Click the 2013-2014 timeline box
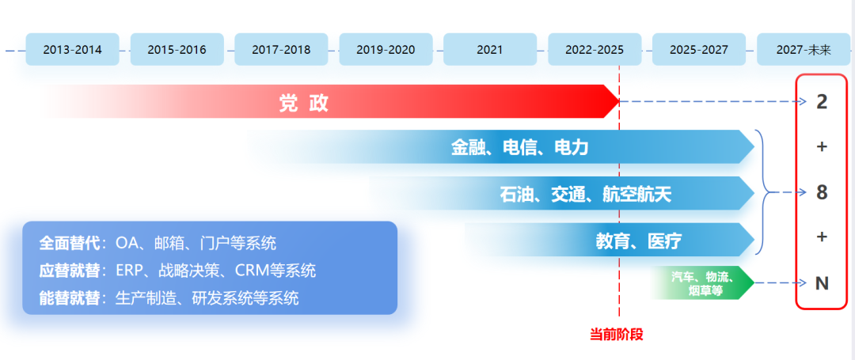[72, 49]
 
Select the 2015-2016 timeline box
[177, 49]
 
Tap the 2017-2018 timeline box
[281, 49]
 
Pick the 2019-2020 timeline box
[386, 49]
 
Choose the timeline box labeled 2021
[490, 49]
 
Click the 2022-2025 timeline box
[595, 49]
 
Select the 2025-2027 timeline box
[699, 49]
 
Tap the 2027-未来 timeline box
[804, 49]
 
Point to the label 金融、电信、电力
[519, 147]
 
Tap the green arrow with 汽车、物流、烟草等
[701, 283]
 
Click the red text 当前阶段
[617, 334]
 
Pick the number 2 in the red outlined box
[822, 102]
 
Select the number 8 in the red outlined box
[822, 192]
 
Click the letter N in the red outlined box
[822, 282]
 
